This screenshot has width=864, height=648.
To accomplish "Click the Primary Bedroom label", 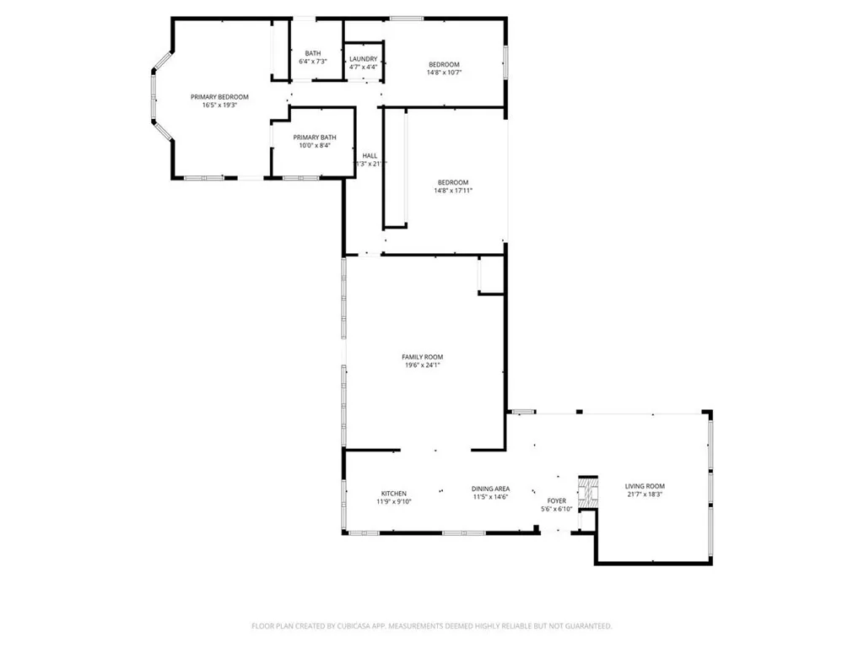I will tap(219, 97).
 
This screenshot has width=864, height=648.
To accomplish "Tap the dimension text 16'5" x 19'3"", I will tap(219, 105).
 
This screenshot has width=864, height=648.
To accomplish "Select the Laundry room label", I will tap(364, 58).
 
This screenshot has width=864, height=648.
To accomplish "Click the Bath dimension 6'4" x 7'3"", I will tap(313, 62).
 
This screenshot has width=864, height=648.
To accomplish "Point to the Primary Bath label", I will tap(315, 137).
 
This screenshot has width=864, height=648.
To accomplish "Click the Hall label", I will tap(370, 155).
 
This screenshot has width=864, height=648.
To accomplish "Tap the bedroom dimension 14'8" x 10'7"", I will tap(444, 73).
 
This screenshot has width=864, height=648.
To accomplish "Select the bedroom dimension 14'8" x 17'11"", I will tap(453, 191).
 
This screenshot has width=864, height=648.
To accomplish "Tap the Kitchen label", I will tap(394, 494).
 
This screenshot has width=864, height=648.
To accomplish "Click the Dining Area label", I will tap(490, 489).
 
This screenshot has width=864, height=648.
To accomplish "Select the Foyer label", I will tap(557, 501).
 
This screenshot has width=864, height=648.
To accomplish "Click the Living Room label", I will tap(645, 486).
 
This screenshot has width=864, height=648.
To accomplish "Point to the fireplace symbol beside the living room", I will tap(587, 492).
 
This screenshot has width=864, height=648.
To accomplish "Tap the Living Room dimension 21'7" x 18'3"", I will tap(645, 494).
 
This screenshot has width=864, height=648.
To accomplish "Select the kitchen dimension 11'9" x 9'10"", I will tap(394, 502).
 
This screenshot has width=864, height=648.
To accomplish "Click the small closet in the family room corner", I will tap(490, 277).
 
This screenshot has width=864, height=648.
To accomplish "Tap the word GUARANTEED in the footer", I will tap(588, 626).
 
